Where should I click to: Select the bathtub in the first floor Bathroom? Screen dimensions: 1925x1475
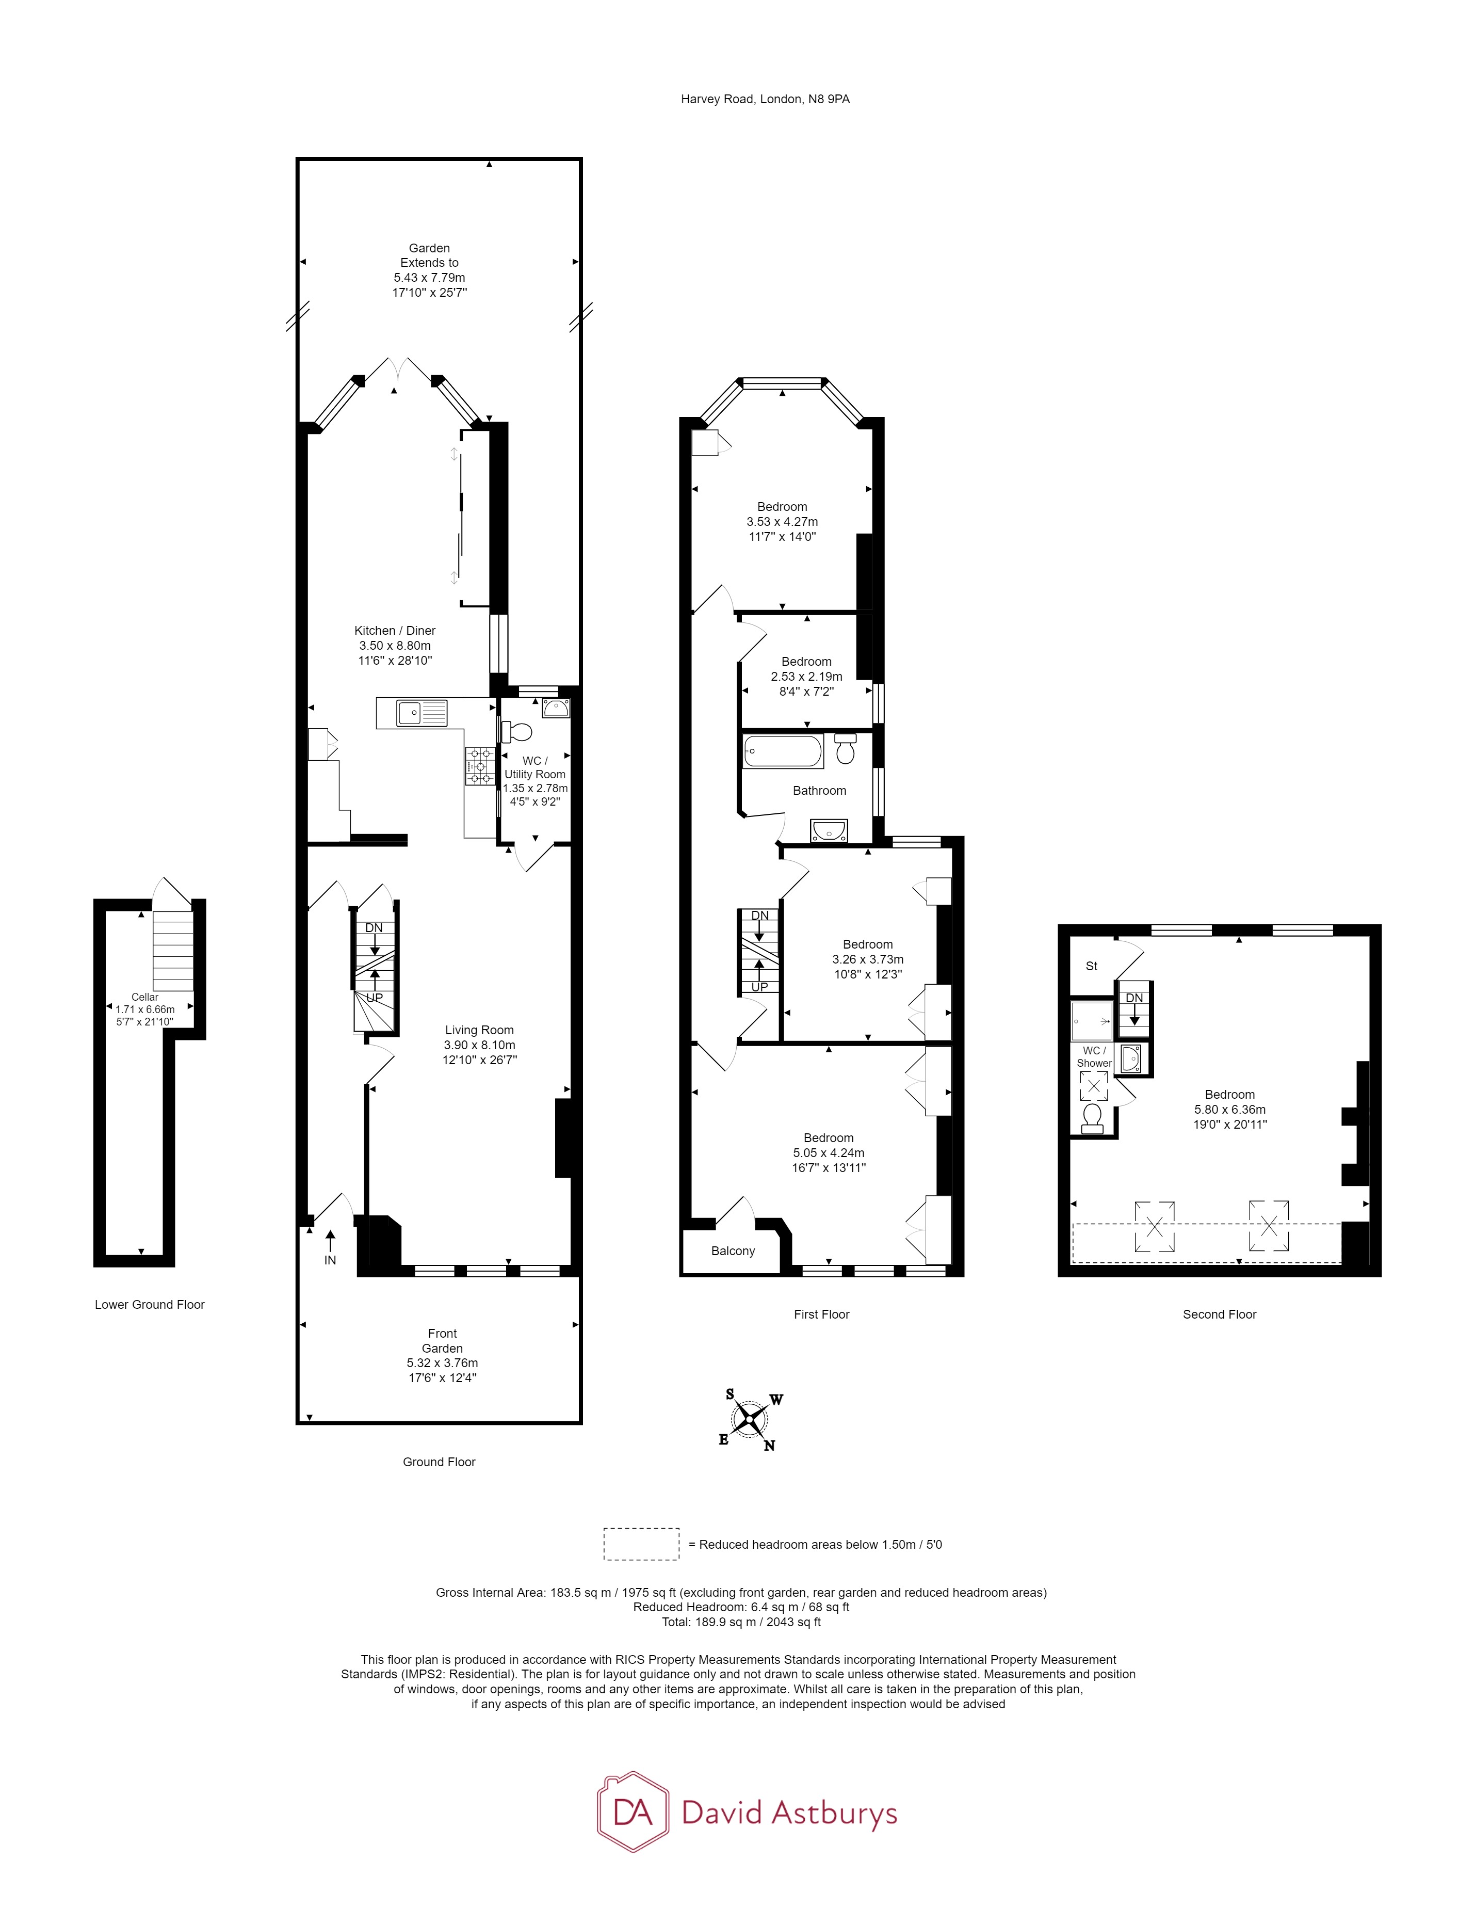782,752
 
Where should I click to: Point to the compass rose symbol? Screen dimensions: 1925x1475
749,1418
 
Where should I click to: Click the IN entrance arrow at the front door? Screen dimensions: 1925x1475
330,1247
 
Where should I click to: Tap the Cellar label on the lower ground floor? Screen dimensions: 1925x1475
145,997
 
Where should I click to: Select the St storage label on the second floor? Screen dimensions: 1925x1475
1091,966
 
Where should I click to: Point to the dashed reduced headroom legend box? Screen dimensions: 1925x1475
641,1544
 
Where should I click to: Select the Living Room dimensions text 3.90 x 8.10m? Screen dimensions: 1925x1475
479,1045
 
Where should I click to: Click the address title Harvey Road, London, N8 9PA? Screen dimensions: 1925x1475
765,99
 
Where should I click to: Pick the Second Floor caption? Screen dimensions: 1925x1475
1219,1314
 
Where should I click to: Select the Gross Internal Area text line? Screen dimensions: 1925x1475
740,1592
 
